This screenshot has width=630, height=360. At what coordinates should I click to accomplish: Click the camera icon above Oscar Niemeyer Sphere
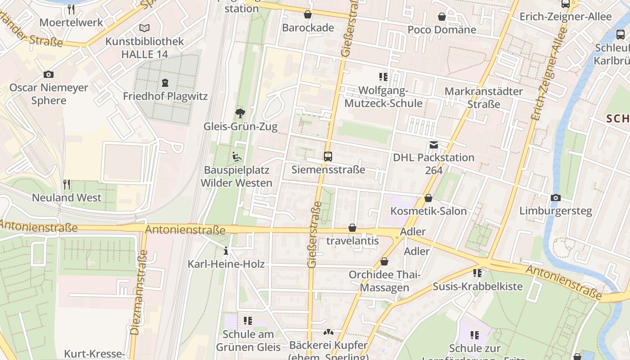(49, 74)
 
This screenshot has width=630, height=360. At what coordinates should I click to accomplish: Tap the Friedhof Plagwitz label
(165, 96)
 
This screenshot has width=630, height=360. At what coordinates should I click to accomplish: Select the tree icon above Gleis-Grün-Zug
(240, 113)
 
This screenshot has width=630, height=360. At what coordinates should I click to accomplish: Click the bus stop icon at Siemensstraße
(328, 157)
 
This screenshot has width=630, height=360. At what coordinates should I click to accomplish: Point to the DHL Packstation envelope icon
(434, 145)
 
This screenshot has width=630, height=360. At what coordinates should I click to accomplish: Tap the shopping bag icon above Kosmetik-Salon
(428, 198)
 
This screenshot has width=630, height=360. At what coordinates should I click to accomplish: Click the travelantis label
(352, 241)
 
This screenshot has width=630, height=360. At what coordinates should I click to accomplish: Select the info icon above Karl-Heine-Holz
(226, 251)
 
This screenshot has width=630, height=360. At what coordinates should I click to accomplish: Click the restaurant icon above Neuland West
(67, 184)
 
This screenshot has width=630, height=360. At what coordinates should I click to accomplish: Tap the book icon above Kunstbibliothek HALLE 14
(144, 28)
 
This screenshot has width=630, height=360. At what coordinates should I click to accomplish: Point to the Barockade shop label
(308, 28)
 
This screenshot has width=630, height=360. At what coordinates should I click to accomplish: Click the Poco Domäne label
(441, 30)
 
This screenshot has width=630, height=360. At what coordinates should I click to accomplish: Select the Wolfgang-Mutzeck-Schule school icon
(383, 77)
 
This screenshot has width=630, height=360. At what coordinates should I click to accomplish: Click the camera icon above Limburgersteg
(556, 198)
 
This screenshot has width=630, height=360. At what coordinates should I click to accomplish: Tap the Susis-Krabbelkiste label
(477, 286)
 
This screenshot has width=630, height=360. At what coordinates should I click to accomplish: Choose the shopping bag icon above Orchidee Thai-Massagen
(384, 261)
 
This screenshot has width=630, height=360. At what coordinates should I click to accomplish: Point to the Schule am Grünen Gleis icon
(248, 321)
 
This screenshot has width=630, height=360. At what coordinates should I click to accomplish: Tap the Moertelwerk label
(71, 22)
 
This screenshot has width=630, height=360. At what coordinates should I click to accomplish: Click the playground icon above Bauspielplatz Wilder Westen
(237, 157)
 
